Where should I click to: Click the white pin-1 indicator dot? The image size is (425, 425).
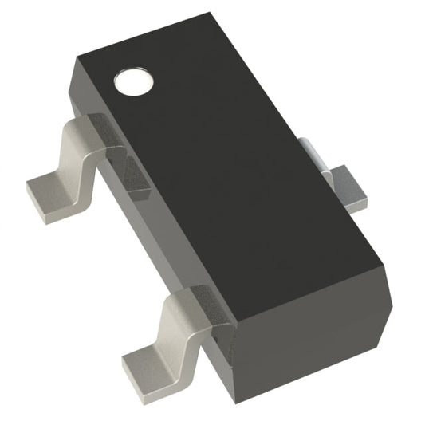click(x=132, y=81)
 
